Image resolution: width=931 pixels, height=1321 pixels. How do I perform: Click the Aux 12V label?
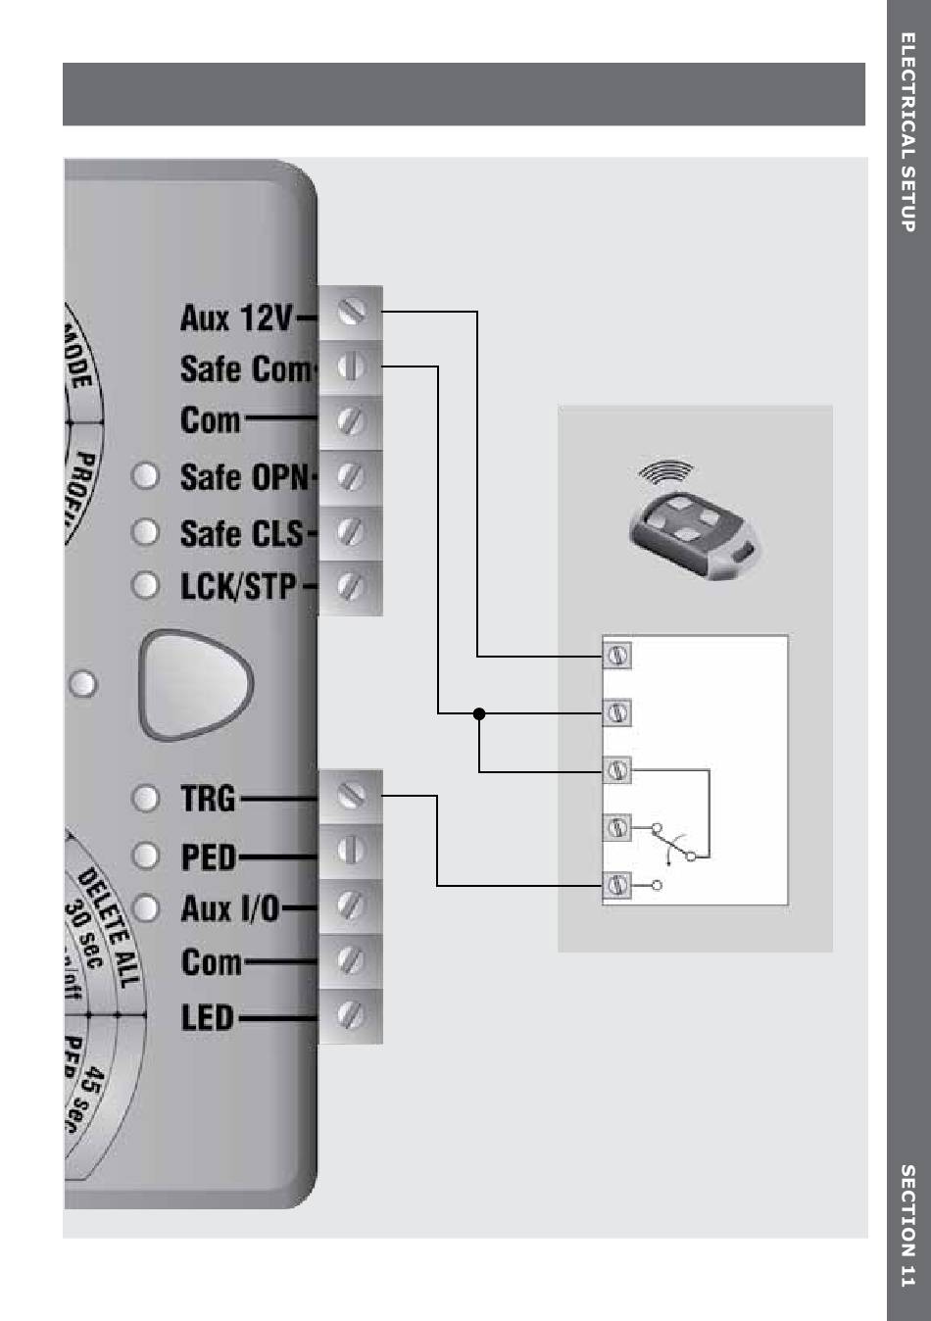(236, 318)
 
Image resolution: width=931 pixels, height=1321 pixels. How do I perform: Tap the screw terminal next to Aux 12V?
(351, 312)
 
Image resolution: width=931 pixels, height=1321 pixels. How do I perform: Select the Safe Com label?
(244, 369)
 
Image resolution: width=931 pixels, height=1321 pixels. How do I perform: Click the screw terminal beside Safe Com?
(351, 367)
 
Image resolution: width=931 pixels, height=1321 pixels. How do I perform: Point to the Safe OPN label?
(245, 477)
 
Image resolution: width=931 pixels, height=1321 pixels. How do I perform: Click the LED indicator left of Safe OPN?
(145, 476)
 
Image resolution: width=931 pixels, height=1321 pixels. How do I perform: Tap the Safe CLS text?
(243, 533)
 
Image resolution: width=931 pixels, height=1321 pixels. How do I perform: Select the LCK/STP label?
(238, 586)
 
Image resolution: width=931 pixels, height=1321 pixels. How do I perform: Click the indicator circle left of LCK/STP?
(145, 586)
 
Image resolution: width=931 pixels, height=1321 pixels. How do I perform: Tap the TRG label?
(208, 799)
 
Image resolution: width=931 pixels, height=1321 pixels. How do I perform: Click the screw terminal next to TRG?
(351, 795)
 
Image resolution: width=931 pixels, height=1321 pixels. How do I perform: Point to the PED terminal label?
(209, 856)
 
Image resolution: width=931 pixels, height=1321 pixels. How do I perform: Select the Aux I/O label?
(230, 908)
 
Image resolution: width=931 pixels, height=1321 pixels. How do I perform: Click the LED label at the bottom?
(208, 1017)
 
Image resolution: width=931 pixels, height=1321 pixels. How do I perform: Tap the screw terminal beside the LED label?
(351, 1015)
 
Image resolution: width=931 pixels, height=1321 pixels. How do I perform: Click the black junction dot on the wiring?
(479, 713)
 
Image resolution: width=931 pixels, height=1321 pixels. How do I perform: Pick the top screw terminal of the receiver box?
(617, 656)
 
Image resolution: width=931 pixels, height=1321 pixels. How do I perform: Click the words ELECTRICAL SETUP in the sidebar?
(907, 132)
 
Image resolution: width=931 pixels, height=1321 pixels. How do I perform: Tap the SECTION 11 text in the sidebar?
(907, 1225)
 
